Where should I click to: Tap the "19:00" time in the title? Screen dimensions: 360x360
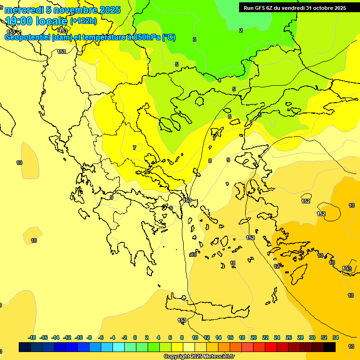(x=19, y=21)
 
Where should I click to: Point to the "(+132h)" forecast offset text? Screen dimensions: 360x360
(x=83, y=21)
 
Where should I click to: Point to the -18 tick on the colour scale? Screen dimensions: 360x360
(x=32, y=337)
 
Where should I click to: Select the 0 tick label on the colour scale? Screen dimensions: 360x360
(x=135, y=337)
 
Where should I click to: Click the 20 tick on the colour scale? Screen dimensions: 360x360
(x=254, y=337)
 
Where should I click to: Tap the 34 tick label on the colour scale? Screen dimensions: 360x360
(x=336, y=337)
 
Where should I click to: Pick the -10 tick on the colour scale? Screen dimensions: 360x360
(x=79, y=337)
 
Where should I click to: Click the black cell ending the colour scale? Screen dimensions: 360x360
(x=330, y=347)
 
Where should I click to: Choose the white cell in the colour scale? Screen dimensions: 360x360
(x=189, y=347)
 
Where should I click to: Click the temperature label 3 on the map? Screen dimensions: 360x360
(x=195, y=39)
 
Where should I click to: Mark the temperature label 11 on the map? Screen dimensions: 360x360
(x=232, y=263)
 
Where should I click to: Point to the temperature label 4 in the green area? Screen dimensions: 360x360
(x=219, y=80)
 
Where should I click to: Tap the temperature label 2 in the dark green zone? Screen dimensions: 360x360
(x=241, y=30)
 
